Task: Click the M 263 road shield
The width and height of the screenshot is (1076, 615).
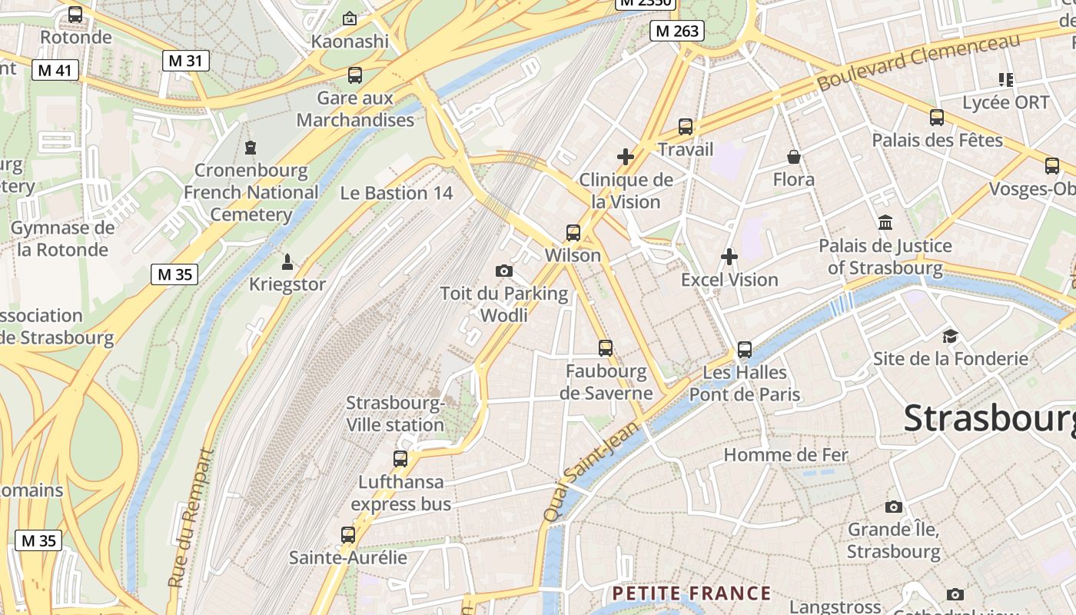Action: coord(677,31)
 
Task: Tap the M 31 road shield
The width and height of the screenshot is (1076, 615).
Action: coord(185,60)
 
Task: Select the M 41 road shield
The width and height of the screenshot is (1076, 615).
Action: coord(56,71)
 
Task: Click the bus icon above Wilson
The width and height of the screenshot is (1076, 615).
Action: coord(573,232)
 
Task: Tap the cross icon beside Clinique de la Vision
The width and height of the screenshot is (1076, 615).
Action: coord(626,158)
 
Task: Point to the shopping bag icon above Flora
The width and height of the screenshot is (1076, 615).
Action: coord(794,158)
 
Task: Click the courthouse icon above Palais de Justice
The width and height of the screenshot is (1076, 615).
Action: coord(885,223)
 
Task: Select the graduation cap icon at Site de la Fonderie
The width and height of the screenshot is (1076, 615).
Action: coord(950,337)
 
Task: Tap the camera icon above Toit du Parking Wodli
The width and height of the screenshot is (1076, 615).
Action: coord(504,271)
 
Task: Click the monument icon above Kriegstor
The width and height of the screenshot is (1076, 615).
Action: coord(287,262)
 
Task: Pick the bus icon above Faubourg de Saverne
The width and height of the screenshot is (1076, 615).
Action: coord(606,348)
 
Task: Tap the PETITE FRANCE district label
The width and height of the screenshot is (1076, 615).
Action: coord(691,593)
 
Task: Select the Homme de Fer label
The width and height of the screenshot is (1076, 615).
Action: coord(785,455)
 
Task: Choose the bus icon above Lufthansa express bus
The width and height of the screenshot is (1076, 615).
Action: coord(400,459)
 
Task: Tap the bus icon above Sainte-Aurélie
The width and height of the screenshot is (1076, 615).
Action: coord(348,534)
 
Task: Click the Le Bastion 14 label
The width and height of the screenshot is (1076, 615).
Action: coord(397,192)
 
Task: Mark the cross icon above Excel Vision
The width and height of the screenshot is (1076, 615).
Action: coord(729,257)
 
